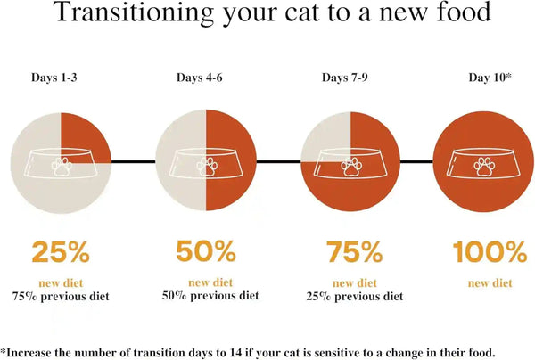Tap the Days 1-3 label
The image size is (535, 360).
(54, 78)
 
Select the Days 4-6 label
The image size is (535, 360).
(199, 78)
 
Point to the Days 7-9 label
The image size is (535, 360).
(344, 78)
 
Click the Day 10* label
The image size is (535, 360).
(490, 78)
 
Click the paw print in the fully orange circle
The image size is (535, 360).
(484, 167)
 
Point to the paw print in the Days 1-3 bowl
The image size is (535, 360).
(62, 167)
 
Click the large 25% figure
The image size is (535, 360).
(61, 251)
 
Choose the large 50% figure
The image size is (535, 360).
(206, 251)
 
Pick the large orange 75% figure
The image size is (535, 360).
(354, 251)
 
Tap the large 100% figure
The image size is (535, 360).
(490, 251)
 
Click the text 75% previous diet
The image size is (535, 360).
(61, 296)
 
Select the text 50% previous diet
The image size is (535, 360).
(210, 296)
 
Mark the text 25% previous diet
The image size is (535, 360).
(355, 296)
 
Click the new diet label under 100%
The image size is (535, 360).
(490, 283)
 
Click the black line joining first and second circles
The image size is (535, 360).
(134, 161)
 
